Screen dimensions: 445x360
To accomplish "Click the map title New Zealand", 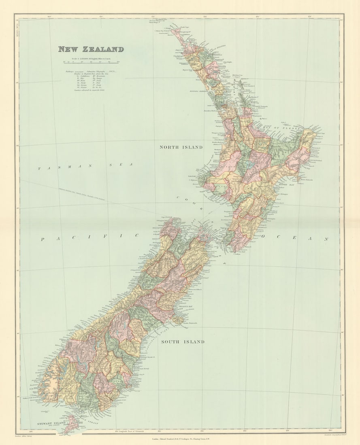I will coord(91,49).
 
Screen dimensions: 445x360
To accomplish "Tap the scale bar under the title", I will coord(91,63).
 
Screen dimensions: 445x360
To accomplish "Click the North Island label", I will coord(181,147).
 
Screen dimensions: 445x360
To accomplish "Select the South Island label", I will coord(183,342).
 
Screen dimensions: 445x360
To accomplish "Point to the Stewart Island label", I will coord(48,423).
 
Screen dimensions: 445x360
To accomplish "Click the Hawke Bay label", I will coord(288,184).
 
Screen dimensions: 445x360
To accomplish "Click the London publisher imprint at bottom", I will coord(180,438).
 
